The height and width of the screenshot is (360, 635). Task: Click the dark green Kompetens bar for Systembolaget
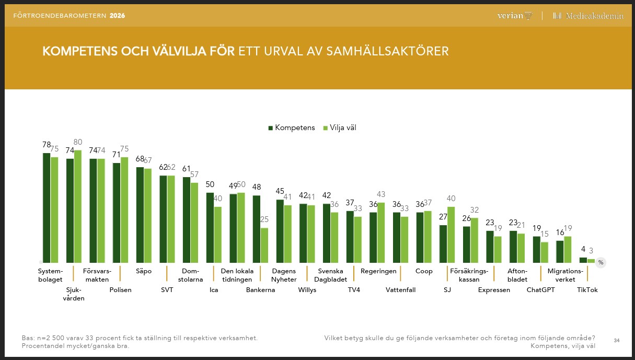[47, 207]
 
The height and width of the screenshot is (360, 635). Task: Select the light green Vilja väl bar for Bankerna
[264, 245]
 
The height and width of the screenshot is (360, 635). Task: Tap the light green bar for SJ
[452, 235]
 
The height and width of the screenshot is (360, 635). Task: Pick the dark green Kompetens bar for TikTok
[583, 260]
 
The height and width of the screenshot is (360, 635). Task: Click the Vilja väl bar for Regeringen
[381, 233]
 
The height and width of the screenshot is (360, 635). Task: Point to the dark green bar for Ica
[210, 227]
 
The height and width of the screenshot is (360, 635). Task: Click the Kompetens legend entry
[292, 128]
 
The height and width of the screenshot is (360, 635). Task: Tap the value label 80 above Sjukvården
[78, 142]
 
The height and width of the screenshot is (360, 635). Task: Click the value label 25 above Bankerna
[264, 220]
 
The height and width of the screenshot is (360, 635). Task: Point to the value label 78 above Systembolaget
[47, 145]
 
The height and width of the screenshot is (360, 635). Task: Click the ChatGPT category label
[540, 290]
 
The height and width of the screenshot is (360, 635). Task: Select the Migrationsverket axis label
[564, 275]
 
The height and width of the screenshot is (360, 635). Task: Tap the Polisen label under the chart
[120, 290]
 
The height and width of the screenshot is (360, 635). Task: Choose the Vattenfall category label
[400, 290]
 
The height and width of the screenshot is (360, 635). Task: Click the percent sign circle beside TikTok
[601, 262]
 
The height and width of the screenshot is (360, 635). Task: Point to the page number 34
[617, 341]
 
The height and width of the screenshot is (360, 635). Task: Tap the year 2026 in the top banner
[118, 16]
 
